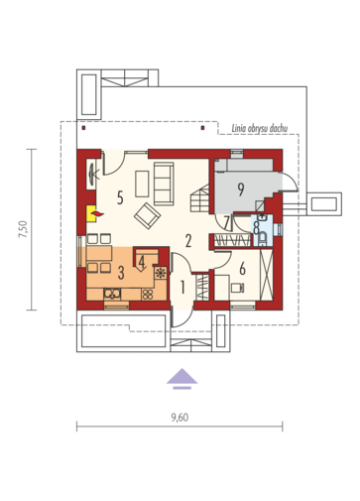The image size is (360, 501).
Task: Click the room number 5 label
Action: tap(120, 197)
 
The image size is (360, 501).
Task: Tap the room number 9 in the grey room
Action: tap(241, 188)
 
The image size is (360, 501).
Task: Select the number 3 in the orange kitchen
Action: tap(121, 273)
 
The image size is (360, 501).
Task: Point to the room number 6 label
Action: tap(242, 268)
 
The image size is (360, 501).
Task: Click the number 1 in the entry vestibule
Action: tap(182, 288)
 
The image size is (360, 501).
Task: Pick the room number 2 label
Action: tap(188, 241)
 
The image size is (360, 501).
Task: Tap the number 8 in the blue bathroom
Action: tap(256, 227)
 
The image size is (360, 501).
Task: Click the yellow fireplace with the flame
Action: tap(94, 213)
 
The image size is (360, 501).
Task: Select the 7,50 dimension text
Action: tap(23, 229)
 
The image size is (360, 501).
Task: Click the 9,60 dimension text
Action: tap(180, 418)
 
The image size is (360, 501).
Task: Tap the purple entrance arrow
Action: tap(181, 378)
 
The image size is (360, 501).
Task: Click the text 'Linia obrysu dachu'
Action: tap(260, 128)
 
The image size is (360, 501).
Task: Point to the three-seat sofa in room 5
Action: tap(164, 183)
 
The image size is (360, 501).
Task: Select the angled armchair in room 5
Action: tap(147, 216)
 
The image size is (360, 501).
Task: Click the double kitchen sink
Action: tap(112, 294)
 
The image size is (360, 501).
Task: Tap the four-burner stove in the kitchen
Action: tap(148, 294)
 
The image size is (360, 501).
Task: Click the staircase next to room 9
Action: tap(200, 197)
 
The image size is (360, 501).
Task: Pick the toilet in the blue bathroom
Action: tap(263, 239)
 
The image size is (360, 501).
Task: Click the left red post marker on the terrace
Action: tap(83, 128)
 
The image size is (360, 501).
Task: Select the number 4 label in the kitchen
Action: tap(142, 262)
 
